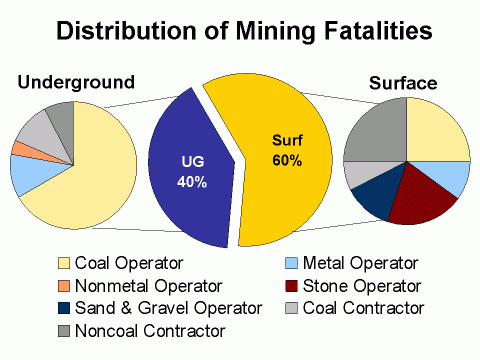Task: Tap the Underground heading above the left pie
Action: coord(75,81)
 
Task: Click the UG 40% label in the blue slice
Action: coord(193,173)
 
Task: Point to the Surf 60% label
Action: coord(287,152)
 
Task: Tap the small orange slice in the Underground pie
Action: coord(19,149)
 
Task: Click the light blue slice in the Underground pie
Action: coord(27,174)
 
